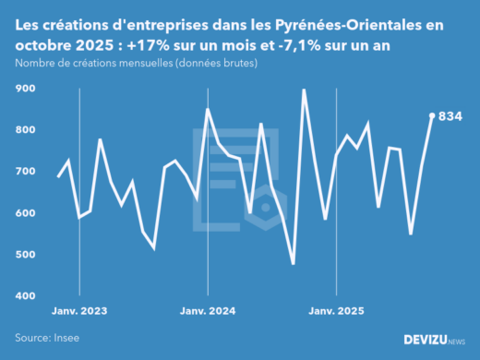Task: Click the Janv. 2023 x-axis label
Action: tap(79, 311)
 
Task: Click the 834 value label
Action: tap(450, 116)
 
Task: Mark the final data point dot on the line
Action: tap(433, 115)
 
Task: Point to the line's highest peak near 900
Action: tap(304, 90)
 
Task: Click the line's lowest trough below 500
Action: tap(293, 264)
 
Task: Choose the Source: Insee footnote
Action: tap(46, 338)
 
